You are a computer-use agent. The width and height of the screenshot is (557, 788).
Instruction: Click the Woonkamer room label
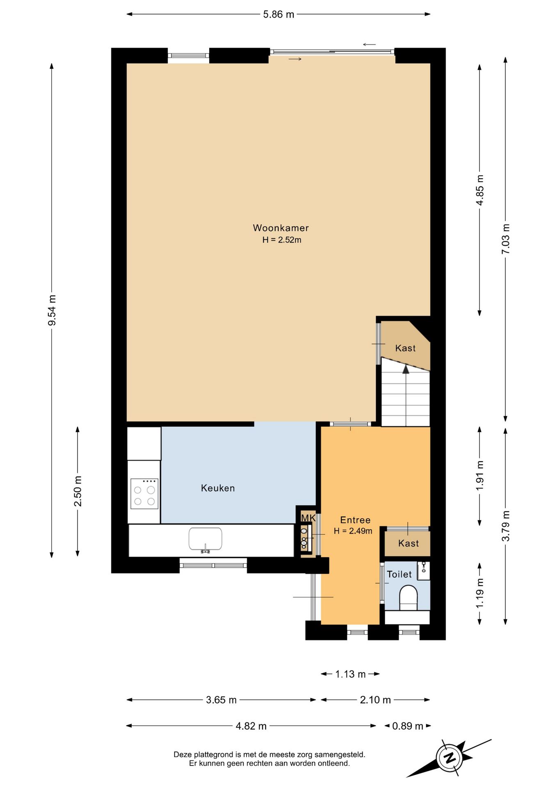(281, 228)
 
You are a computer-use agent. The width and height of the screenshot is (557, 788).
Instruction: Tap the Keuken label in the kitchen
(218, 488)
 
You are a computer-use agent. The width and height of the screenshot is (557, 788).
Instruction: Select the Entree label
(355, 520)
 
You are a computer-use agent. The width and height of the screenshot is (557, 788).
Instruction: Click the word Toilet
(399, 574)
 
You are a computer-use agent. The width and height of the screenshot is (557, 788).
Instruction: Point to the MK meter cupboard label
(308, 518)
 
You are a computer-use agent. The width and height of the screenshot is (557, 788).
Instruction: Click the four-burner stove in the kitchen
(144, 494)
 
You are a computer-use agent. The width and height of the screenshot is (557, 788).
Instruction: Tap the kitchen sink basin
(205, 539)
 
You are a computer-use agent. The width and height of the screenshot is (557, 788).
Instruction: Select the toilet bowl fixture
(408, 598)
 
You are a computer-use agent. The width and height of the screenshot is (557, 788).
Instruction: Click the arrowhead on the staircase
(406, 369)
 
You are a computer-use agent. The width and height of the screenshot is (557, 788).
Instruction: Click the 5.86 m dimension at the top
(278, 14)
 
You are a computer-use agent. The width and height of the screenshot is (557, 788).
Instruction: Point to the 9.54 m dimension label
(52, 310)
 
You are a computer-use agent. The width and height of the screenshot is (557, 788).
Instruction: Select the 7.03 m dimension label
(506, 239)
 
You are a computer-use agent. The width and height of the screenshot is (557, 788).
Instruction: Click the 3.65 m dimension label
(221, 700)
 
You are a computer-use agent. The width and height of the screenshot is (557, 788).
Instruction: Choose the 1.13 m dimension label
(350, 674)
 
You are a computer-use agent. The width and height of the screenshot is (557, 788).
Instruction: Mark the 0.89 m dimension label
(408, 726)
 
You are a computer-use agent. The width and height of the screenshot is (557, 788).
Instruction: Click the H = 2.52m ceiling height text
(282, 240)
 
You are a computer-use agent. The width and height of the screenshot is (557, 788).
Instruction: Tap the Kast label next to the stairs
(405, 348)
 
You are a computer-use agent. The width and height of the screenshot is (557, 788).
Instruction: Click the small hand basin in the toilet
(424, 570)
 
